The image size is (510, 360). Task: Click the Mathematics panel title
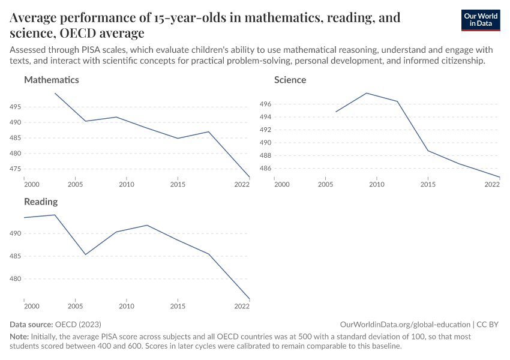51,80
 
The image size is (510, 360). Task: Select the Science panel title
290,80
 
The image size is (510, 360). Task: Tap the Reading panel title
41,202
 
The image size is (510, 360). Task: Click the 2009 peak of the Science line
367,93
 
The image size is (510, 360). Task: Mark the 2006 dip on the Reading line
86,254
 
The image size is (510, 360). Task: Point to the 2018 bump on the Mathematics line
208,132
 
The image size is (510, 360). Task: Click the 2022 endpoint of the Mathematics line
249,177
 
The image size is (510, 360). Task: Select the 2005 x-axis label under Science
325,184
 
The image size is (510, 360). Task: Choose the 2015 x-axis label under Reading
178,306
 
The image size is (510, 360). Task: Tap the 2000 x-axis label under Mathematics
31,184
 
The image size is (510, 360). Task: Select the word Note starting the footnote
19,337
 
